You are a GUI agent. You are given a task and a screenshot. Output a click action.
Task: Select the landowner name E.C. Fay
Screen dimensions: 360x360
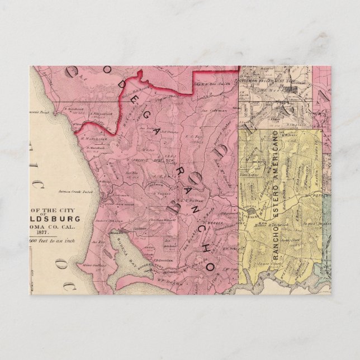pos(193,136)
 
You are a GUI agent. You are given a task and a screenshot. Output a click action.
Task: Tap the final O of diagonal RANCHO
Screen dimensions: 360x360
pos(210,267)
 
